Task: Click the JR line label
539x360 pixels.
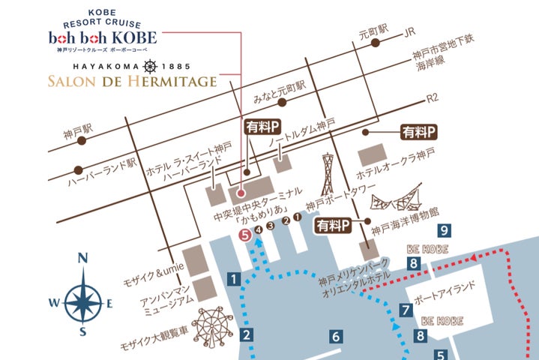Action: point(409,33)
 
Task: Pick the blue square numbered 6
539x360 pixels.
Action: point(336,336)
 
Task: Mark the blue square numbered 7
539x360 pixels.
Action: point(406,309)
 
